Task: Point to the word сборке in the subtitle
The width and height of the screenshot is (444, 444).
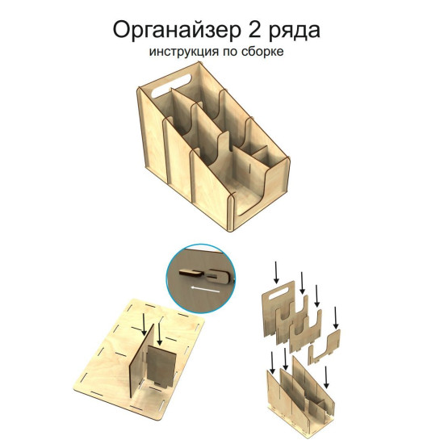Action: pos(263,51)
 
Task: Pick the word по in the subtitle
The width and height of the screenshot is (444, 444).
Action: pos(231,52)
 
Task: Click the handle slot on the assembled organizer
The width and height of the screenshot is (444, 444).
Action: pos(171,85)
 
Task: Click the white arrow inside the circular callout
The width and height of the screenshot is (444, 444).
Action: pos(205,289)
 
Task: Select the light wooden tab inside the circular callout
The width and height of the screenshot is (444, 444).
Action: pos(191,273)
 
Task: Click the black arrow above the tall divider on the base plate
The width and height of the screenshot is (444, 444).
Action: pos(145,325)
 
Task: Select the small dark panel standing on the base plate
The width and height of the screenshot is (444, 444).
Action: pos(161,367)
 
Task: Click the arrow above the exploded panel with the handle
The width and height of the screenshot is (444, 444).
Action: pos(276,272)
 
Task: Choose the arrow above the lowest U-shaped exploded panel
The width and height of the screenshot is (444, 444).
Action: pos(336,318)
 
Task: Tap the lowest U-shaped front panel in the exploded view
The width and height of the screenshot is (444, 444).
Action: pos(325,347)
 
